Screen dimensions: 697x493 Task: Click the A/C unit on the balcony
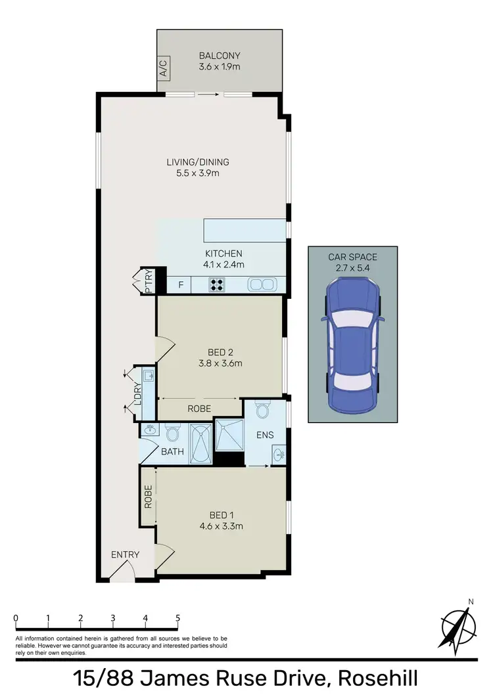coord(163,68)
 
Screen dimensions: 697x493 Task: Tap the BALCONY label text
coord(221,56)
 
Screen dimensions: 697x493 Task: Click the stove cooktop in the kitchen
coord(218,284)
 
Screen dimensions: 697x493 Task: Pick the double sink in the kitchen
coord(261,284)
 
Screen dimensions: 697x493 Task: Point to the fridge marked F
coord(179,284)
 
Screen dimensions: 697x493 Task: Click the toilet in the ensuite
coord(263,410)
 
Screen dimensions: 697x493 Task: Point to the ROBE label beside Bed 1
coord(149,497)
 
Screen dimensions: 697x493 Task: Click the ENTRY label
coord(125,554)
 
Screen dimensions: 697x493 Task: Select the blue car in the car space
coord(352,341)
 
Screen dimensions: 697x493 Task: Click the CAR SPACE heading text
coord(352,257)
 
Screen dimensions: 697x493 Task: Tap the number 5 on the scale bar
coord(177,618)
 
